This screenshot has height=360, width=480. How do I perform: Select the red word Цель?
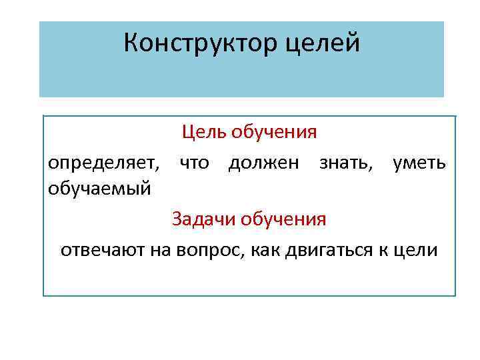(205, 132)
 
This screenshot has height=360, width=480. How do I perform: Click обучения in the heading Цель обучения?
(274, 132)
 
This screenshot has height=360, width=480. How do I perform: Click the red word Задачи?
(199, 219)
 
